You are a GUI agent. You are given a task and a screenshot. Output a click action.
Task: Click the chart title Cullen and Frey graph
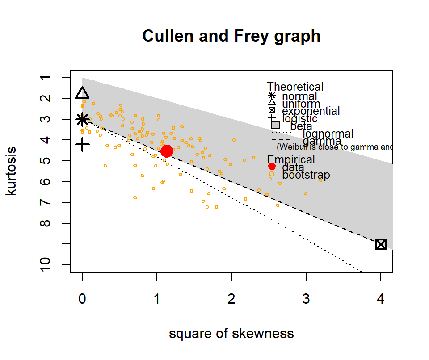coord(231,36)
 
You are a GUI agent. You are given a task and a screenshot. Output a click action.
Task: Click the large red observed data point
coord(167,151)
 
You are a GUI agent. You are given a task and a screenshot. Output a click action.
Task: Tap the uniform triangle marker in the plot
coord(82,93)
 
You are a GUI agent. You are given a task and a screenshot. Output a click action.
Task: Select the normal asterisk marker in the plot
coord(82,119)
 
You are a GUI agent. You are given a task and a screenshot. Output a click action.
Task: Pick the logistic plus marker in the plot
coord(82,144)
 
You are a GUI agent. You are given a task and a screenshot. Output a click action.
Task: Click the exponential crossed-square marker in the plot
coord(381,244)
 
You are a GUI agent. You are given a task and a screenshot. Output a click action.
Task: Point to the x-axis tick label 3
coord(306,300)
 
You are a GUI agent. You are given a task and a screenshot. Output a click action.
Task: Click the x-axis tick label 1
coord(157,300)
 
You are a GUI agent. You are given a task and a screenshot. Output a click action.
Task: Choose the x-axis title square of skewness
coord(231,334)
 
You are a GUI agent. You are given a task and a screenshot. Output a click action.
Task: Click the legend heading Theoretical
coord(295,87)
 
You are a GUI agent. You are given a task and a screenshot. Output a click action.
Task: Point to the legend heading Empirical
coord(291,159)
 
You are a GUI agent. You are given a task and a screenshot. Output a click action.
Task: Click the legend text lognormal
coord(328,134)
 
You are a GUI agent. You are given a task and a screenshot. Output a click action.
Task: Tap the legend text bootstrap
coord(306,175)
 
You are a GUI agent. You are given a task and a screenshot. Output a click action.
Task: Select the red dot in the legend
coord(272,167)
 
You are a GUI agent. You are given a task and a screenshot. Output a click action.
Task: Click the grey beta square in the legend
coord(276,126)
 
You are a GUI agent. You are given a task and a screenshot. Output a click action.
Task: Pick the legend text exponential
coord(311,111)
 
